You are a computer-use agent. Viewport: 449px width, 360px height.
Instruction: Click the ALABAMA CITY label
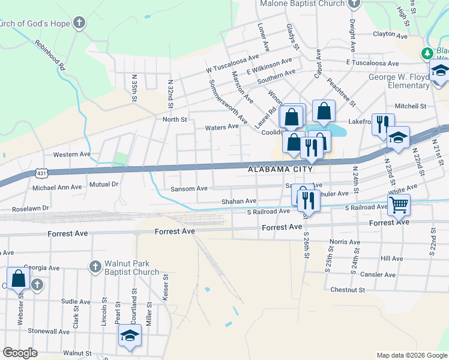click(x=281, y=170)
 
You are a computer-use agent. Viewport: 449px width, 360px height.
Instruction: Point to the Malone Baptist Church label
click(x=303, y=4)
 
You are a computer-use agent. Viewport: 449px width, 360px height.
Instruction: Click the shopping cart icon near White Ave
click(x=399, y=205)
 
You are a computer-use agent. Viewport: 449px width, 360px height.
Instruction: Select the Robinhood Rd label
click(x=50, y=55)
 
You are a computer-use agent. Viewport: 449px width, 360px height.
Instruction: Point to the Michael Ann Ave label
click(x=57, y=187)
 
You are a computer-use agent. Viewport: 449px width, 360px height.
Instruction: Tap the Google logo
click(x=20, y=353)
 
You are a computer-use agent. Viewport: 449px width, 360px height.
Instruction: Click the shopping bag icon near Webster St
click(x=19, y=278)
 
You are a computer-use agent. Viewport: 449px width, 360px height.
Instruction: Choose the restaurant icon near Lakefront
click(x=382, y=125)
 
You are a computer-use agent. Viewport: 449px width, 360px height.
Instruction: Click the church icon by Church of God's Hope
click(x=79, y=23)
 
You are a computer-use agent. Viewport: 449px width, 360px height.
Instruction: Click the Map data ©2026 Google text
click(x=411, y=355)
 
